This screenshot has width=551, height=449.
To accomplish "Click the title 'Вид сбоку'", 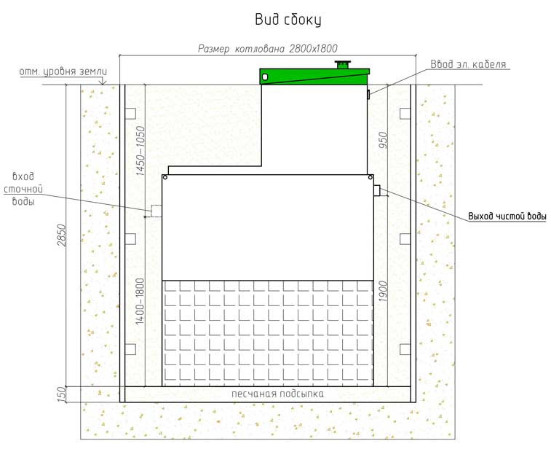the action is tap(288, 20).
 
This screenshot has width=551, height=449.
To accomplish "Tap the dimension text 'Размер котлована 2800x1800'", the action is tap(268, 49).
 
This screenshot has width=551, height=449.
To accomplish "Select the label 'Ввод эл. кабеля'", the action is tap(468, 64).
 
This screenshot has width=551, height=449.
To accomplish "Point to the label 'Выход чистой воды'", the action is tap(507, 216).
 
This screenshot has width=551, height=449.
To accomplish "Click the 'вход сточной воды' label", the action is tap(23, 189).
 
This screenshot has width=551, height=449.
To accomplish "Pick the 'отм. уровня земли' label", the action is tap(63, 71).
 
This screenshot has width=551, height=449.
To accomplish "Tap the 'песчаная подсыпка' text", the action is tap(277, 394).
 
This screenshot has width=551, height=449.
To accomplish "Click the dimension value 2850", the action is tap(61, 235).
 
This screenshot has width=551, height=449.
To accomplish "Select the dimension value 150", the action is tap(61, 394).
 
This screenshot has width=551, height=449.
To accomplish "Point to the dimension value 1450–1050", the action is tap(140, 151).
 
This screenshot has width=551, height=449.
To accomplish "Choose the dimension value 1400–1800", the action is tap(140, 301).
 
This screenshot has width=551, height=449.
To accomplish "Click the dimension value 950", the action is tap(383, 140).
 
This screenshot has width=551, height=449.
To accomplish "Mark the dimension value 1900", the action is tap(383, 291).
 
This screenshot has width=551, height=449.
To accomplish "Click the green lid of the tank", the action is tap(314, 77).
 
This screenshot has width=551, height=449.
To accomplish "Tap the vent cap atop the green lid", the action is tap(343, 65).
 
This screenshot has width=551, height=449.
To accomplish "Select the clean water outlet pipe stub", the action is tap(377, 190).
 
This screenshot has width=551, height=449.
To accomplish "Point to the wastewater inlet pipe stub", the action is tap(156, 211).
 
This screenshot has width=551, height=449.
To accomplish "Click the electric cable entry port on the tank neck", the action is tap(368, 94).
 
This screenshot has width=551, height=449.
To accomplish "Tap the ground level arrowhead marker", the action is tap(102, 82).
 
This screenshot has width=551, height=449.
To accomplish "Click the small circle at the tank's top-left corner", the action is tap(165, 178).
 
